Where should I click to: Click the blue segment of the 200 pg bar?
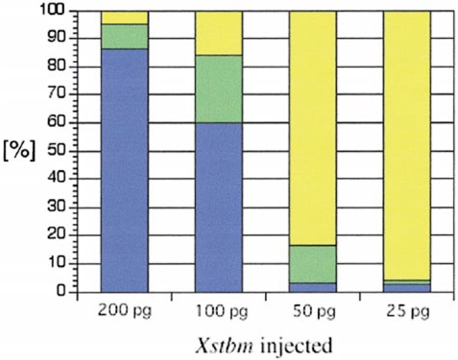tap(124, 170)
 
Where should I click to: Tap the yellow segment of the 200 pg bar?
tap(124, 17)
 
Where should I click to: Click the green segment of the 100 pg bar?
tap(219, 89)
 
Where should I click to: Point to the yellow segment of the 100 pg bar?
tap(219, 33)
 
